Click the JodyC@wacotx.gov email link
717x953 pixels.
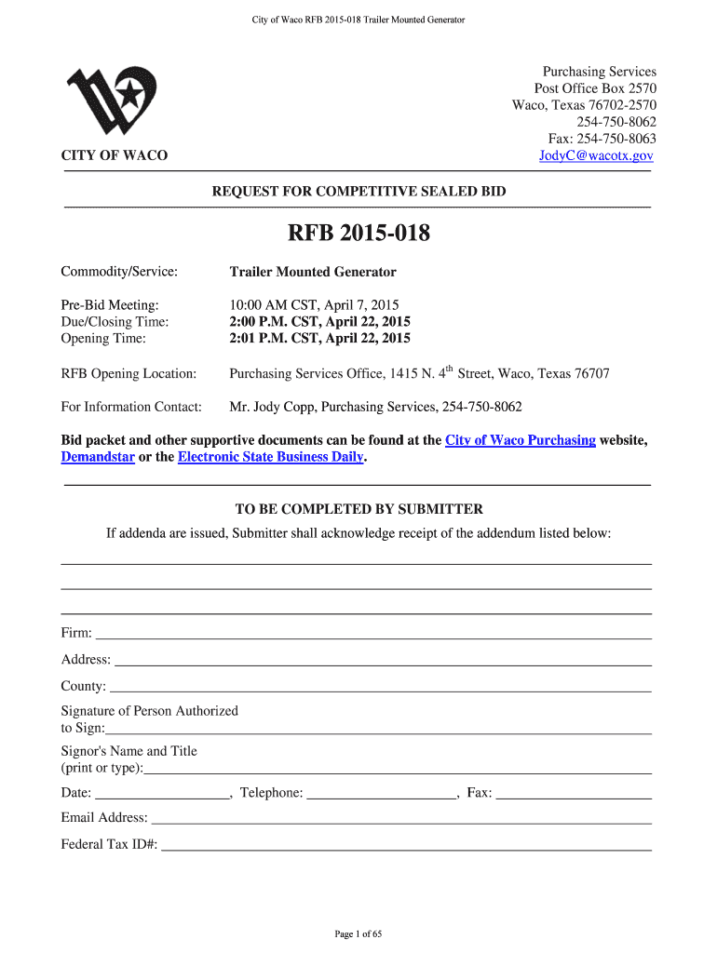click(x=597, y=156)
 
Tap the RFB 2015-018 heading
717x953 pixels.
click(x=358, y=234)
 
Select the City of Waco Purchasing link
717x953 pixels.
click(x=521, y=440)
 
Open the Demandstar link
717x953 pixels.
click(x=98, y=457)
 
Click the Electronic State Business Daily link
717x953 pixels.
click(x=270, y=457)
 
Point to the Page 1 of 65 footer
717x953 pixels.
click(x=358, y=933)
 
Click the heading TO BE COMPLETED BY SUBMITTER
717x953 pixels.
click(x=358, y=509)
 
